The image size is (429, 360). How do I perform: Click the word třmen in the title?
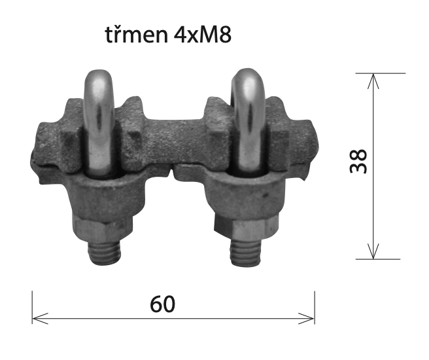[136, 34]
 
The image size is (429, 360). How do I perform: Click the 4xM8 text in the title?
[203, 35]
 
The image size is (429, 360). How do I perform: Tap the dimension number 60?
[163, 304]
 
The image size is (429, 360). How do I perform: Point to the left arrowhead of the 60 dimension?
[41, 318]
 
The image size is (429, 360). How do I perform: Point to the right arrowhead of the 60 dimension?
[307, 318]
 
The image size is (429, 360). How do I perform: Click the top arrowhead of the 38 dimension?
[373, 81]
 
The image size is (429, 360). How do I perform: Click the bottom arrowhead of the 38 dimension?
[373, 251]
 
